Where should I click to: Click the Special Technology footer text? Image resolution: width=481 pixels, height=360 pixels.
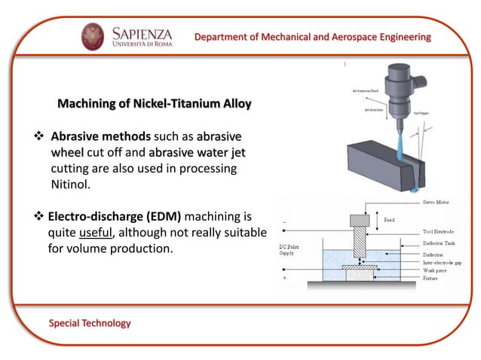pos(90,323)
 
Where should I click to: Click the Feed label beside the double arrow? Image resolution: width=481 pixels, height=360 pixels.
pos(389,220)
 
